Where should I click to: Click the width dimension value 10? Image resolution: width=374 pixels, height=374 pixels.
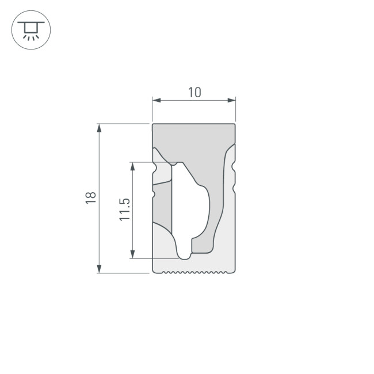(x=194, y=92)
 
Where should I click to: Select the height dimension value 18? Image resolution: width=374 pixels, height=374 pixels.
(x=90, y=198)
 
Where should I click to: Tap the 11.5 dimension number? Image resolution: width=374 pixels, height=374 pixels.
(x=124, y=210)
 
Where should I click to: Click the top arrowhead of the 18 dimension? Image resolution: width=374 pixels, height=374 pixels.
(x=100, y=127)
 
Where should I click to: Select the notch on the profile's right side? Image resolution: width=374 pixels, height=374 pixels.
(x=233, y=167)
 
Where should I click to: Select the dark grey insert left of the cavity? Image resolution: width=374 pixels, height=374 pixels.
(x=163, y=204)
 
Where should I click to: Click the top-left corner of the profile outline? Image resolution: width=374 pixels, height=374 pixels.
(x=152, y=124)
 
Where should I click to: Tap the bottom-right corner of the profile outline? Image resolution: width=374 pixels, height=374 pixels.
(x=235, y=272)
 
